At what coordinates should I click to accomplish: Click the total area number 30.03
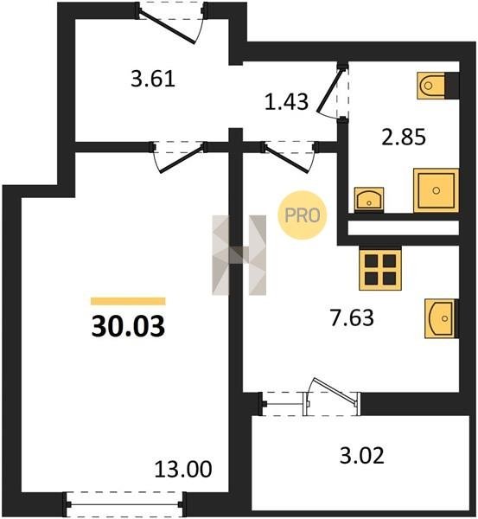(128, 326)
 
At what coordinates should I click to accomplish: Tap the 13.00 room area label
(183, 469)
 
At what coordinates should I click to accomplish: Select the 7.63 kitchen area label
(352, 317)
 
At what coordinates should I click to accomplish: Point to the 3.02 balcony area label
(362, 456)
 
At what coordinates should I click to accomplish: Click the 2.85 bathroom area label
(404, 137)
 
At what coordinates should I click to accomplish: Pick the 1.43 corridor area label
(286, 101)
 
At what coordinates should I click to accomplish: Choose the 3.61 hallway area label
(152, 79)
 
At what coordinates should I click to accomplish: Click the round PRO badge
(303, 215)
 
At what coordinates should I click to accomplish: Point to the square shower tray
(436, 190)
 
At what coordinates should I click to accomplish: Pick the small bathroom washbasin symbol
(369, 200)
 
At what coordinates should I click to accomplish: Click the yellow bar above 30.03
(128, 301)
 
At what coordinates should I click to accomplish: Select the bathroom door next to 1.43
(332, 91)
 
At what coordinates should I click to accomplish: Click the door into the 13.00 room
(179, 157)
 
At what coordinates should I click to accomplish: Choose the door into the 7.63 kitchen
(289, 157)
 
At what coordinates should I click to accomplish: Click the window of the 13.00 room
(124, 504)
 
